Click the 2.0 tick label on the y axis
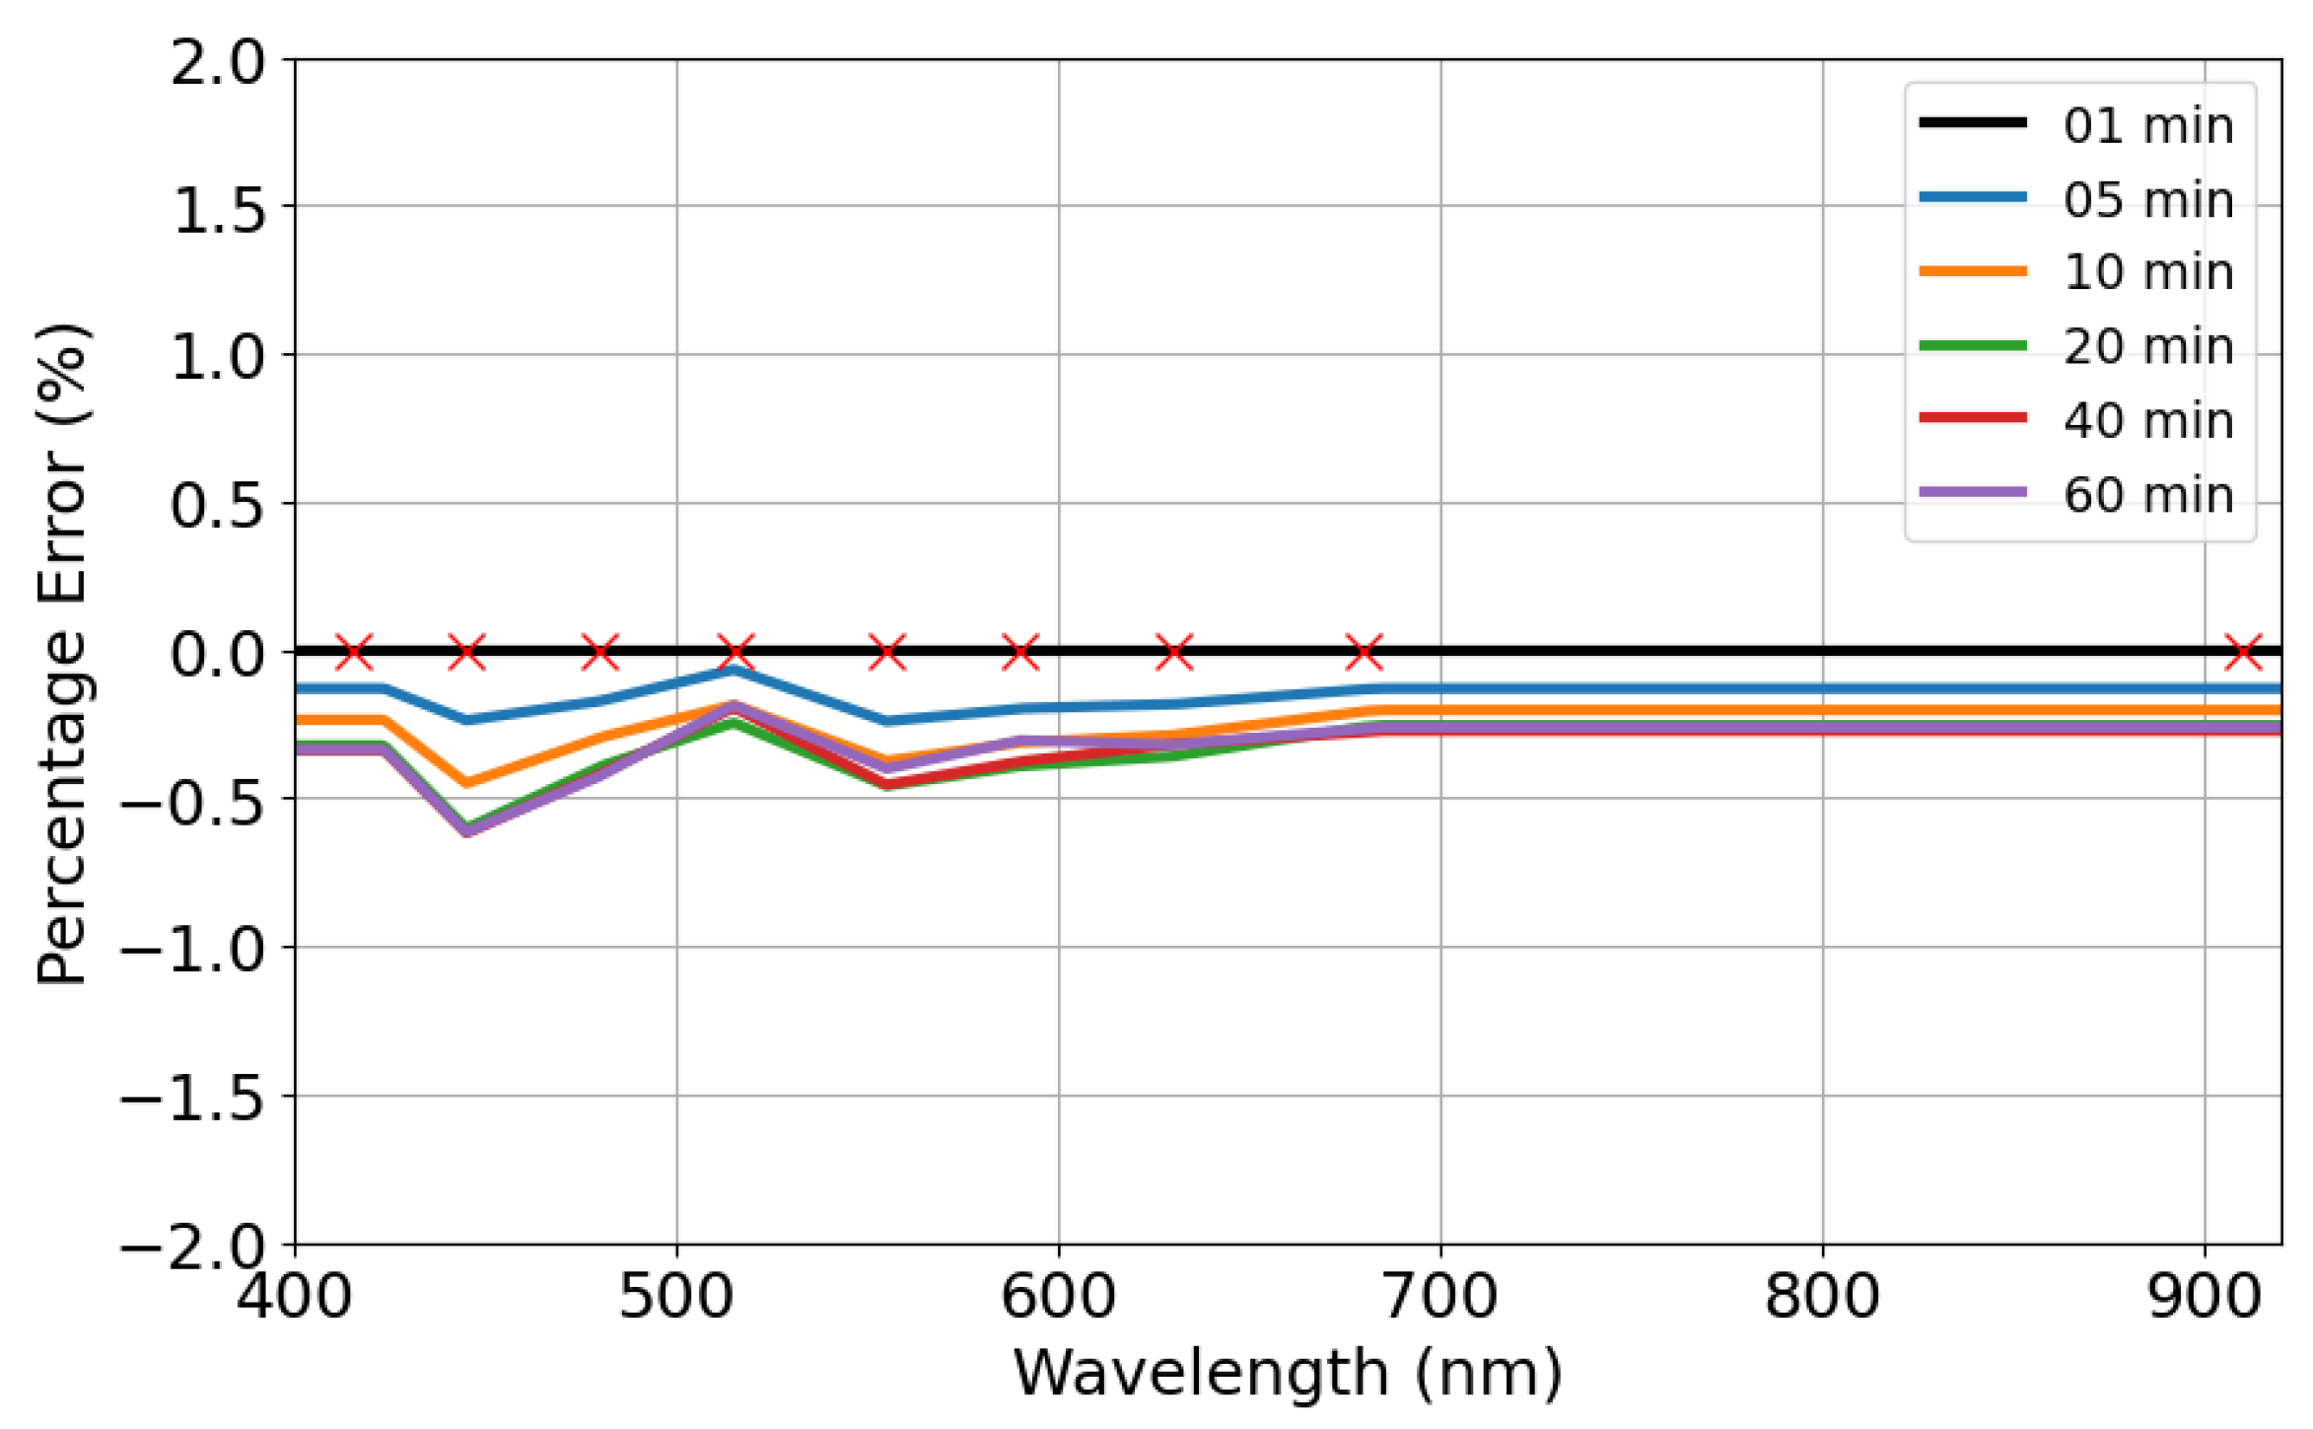pyautogui.click(x=218, y=64)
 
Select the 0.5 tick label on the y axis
pyautogui.click(x=218, y=506)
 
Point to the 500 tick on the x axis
pyautogui.click(x=676, y=1296)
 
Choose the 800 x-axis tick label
pyautogui.click(x=1822, y=1296)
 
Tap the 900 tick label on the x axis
pyautogui.click(x=2205, y=1296)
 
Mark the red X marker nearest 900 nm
pyautogui.click(x=2243, y=651)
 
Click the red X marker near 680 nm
pyautogui.click(x=1365, y=651)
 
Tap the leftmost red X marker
pyautogui.click(x=354, y=651)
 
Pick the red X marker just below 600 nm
pyautogui.click(x=1020, y=651)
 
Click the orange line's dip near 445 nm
pyautogui.click(x=466, y=783)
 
